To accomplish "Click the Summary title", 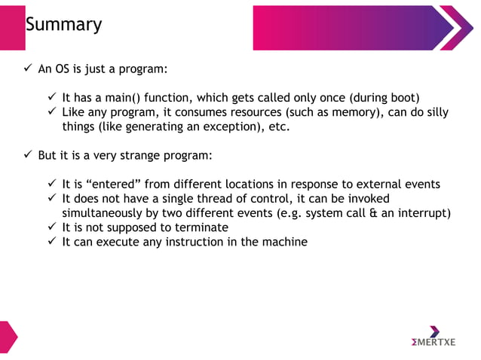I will coord(63,25).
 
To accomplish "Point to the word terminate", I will coord(200,227).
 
